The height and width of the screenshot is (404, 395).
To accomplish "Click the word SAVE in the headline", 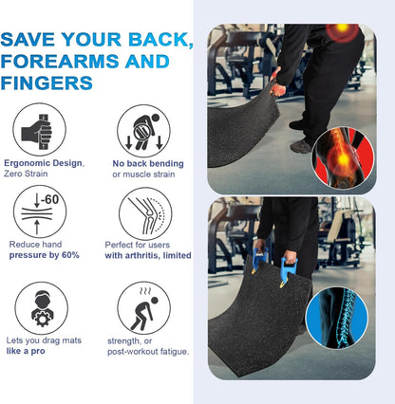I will (34, 41).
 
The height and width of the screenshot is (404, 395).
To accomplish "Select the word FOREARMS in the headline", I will (67, 63).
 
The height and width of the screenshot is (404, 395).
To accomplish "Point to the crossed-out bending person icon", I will (143, 130).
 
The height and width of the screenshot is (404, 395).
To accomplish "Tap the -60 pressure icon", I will (40, 212).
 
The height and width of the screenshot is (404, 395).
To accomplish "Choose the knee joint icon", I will (144, 212).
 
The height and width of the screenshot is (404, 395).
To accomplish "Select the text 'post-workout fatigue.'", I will (150, 352).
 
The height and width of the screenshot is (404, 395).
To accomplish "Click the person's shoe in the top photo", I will (302, 145).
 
